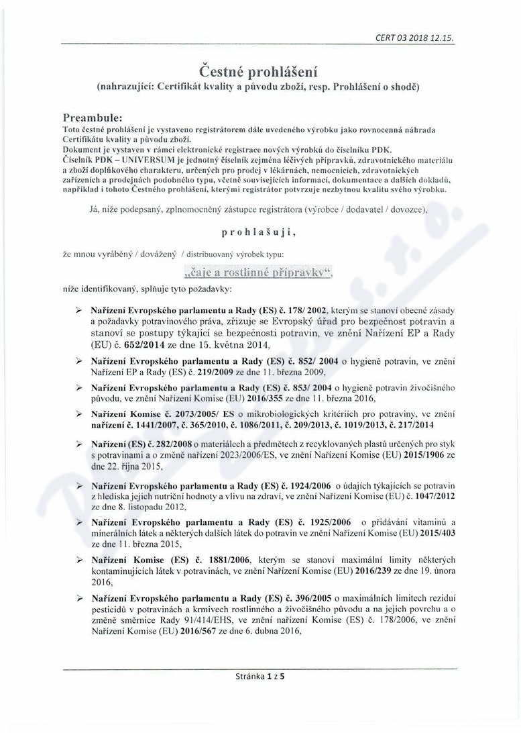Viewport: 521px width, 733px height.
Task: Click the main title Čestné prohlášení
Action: point(259,70)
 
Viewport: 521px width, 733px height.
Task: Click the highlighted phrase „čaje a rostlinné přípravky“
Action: point(258,272)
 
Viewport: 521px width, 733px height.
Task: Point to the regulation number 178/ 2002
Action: point(306,310)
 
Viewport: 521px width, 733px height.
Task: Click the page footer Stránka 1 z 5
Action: point(260,677)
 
